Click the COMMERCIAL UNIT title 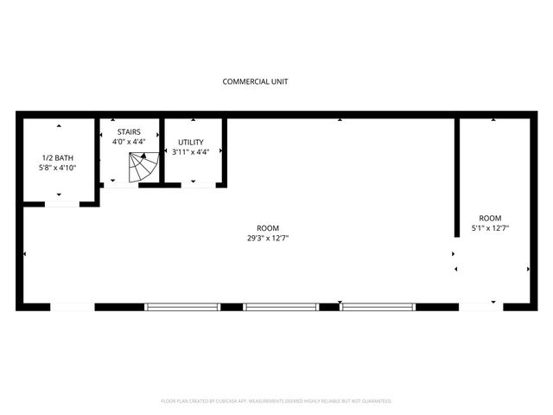tap(255, 82)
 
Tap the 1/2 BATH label tap(59, 158)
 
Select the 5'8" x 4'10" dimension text tap(59, 169)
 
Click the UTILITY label tap(191, 142)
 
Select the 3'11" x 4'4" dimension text tap(191, 152)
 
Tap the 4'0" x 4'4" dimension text tap(129, 142)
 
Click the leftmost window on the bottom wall tap(182, 306)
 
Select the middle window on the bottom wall tap(281, 306)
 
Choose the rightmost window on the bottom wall tap(378, 306)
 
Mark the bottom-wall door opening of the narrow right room tap(480, 306)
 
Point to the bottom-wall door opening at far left tap(73, 306)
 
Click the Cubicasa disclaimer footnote tap(276, 401)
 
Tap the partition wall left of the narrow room tap(456, 177)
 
